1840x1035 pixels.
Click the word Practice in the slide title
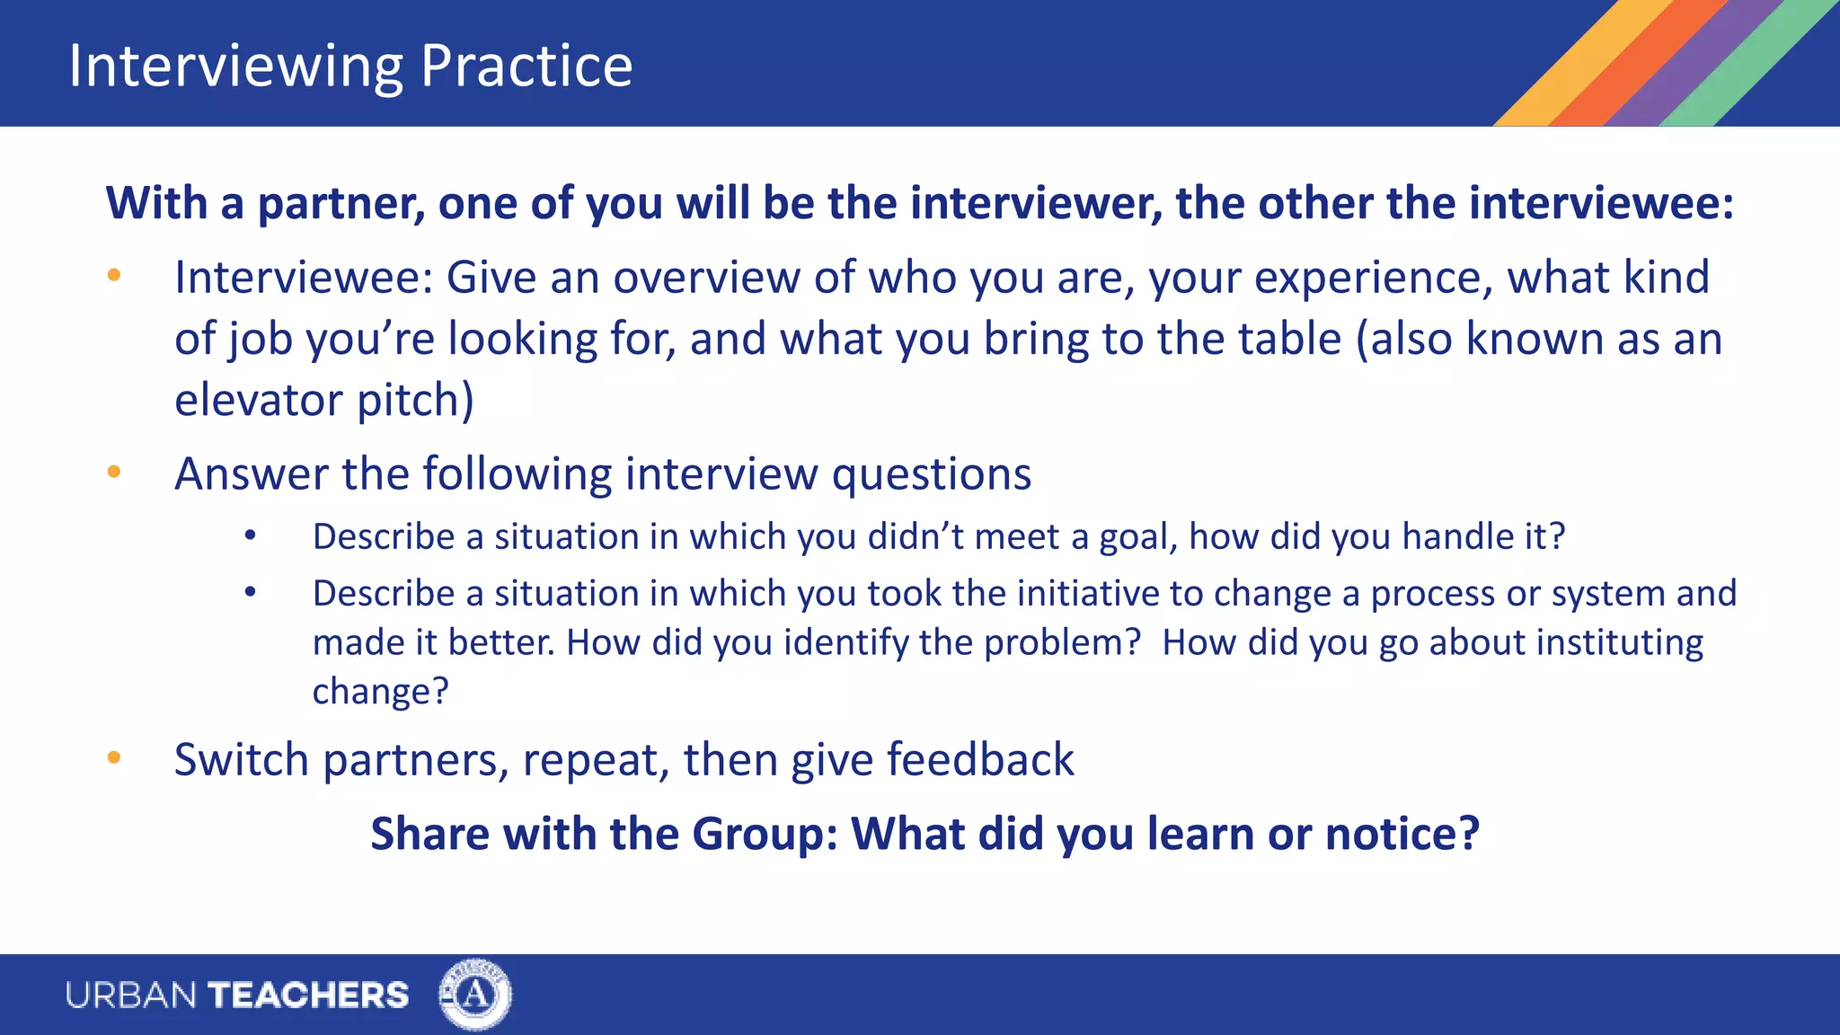(526, 66)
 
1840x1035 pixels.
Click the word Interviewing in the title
(235, 66)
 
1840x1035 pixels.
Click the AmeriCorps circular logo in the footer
(474, 995)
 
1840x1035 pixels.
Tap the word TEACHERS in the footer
(308, 995)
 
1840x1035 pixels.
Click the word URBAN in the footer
(131, 995)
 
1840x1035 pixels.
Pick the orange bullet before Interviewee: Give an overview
(114, 276)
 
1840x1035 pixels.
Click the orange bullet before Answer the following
(114, 472)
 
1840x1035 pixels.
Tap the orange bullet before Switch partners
(114, 758)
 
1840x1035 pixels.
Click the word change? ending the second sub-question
(380, 692)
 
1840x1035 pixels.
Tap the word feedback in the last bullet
(980, 760)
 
